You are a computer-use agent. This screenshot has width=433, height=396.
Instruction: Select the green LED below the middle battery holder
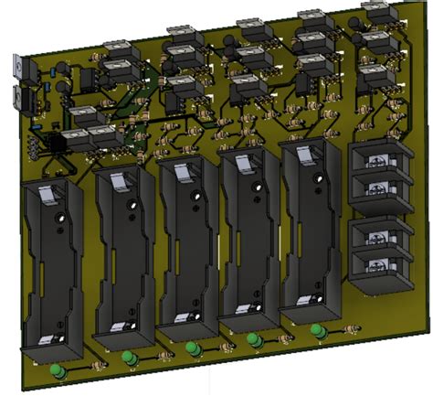(192, 348)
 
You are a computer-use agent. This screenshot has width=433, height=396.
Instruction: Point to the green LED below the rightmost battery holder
(315, 330)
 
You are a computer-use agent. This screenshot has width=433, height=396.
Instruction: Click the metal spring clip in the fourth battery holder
(246, 165)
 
